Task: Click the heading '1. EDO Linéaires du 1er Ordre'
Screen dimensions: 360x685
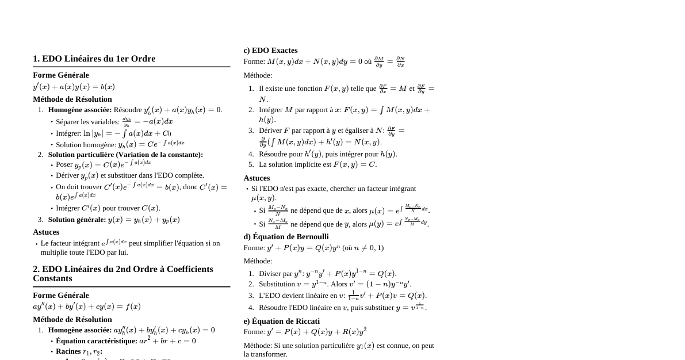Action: coord(94,59)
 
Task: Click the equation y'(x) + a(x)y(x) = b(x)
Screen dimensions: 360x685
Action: coord(74,87)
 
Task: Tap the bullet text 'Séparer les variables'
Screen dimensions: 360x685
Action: coord(87,121)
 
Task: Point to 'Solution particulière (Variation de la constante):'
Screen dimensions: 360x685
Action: coord(125,154)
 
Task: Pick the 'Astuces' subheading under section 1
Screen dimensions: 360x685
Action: coord(46,232)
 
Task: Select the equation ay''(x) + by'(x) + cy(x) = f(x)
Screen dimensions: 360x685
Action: coord(87,307)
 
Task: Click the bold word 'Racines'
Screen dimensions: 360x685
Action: coord(68,351)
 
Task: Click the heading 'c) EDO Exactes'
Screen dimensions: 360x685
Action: coord(270,50)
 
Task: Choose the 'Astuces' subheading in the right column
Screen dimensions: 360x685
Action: coord(257,178)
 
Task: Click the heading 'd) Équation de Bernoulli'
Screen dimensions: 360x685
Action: coord(286,236)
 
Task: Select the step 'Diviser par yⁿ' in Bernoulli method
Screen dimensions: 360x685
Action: coord(327,273)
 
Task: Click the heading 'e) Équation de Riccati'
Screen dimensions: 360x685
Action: coord(281,321)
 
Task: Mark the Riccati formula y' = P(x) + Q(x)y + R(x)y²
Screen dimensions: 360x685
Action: coord(316,332)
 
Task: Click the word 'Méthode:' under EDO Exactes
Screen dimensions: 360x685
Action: coord(258,75)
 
